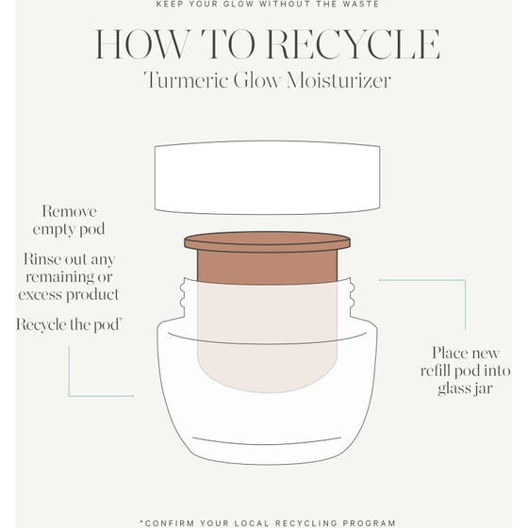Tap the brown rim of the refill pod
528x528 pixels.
(x=267, y=241)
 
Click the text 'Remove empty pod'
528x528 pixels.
(x=69, y=221)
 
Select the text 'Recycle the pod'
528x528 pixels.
(x=68, y=324)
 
